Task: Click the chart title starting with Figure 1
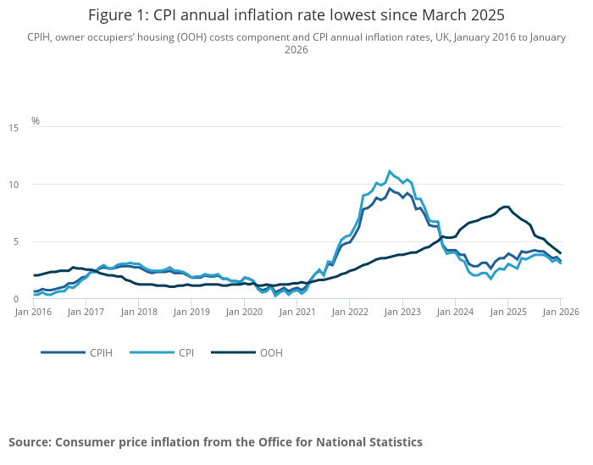(x=296, y=14)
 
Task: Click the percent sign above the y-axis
(x=36, y=121)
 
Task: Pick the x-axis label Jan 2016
(x=34, y=313)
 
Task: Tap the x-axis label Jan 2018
(x=139, y=313)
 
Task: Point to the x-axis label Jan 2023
(x=402, y=313)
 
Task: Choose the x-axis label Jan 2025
(x=507, y=313)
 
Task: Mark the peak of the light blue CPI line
(x=390, y=171)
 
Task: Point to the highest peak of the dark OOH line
(x=506, y=206)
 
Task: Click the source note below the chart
(x=215, y=442)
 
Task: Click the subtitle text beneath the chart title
(x=296, y=43)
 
